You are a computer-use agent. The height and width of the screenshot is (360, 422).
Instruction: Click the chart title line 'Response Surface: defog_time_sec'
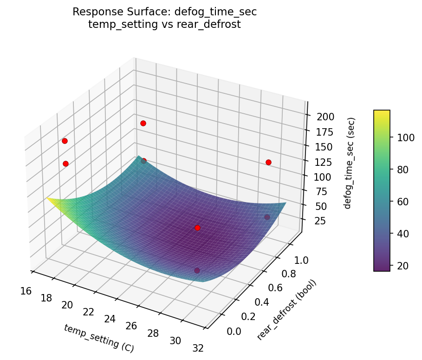point(164,12)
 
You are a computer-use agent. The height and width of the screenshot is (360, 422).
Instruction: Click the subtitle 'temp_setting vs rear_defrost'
point(164,25)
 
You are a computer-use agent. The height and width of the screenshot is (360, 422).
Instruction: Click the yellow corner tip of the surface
point(47,198)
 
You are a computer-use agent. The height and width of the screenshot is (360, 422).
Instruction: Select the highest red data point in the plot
point(143,123)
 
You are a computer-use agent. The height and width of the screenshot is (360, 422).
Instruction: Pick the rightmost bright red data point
point(268,162)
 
